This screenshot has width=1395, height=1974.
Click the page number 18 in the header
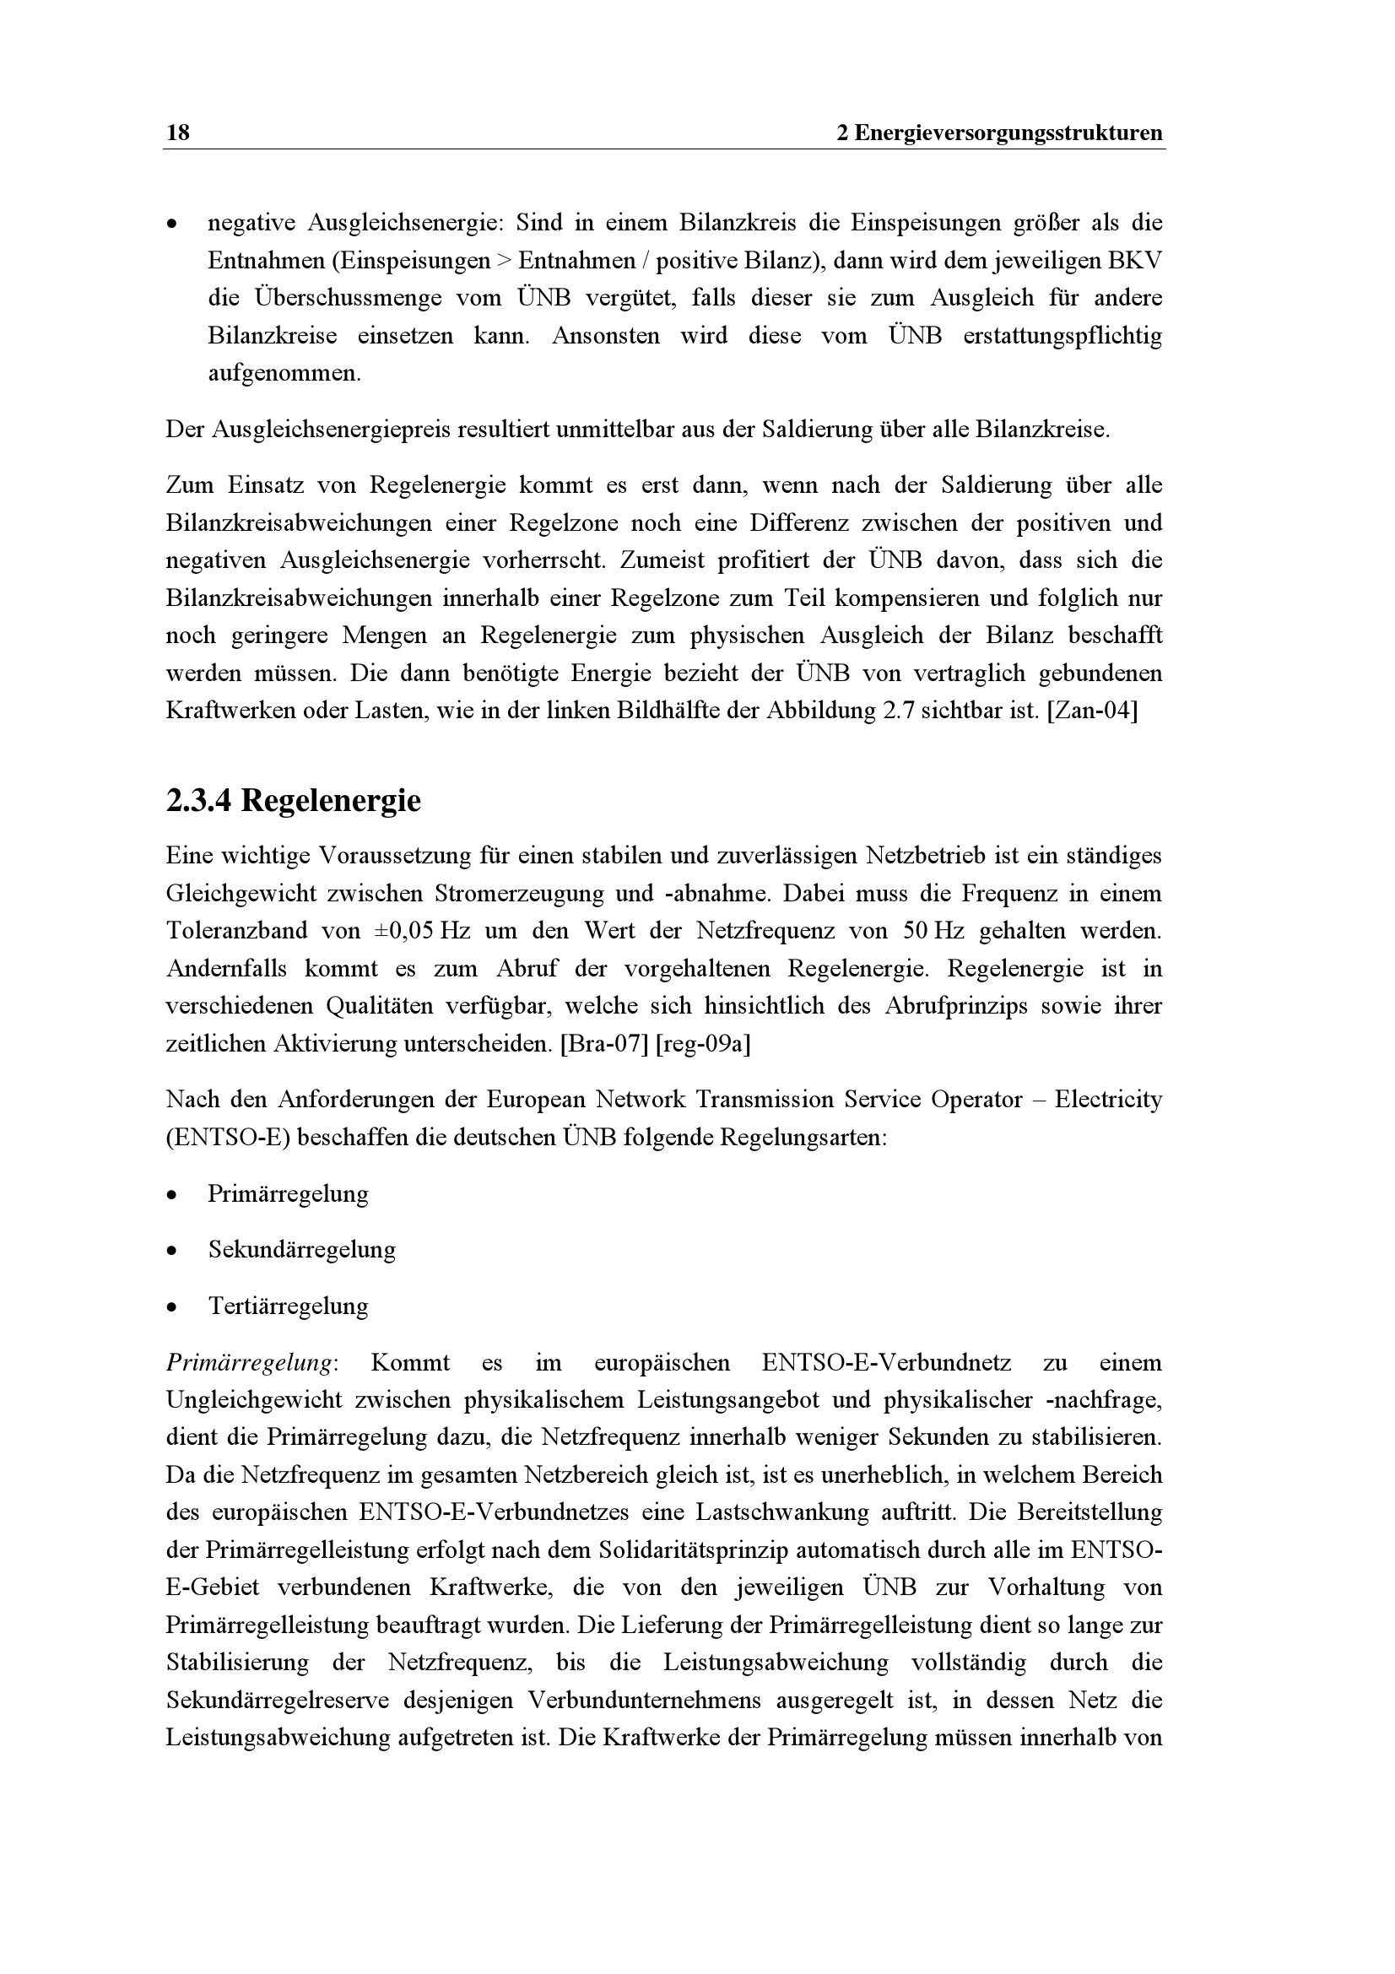178,133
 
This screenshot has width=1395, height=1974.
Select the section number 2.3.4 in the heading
198,800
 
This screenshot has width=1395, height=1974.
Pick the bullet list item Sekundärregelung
301,1249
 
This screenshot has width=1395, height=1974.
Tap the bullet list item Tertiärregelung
288,1306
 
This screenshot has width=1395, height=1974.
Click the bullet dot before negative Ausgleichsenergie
173,225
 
